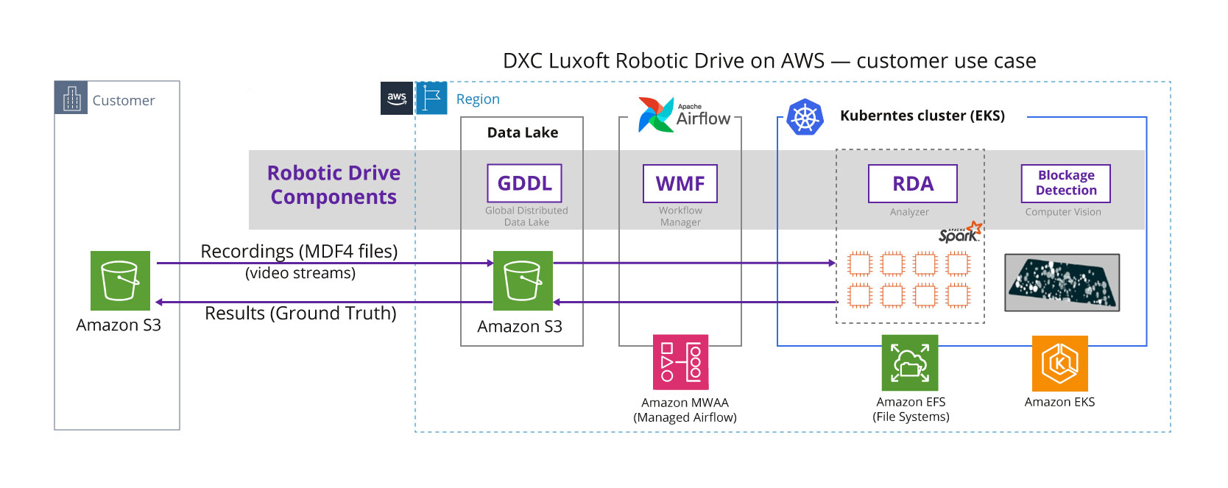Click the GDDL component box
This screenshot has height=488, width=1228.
coord(525,183)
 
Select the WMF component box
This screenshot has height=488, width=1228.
coord(680,183)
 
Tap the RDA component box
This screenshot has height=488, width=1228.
coord(913,183)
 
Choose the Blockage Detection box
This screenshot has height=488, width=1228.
coord(1066,183)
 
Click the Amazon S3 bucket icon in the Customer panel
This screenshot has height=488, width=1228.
coord(120,280)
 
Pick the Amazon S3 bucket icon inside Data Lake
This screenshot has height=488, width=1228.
coord(523,280)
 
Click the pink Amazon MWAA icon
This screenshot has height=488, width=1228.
coord(680,362)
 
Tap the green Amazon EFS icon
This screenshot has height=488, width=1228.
coord(910,362)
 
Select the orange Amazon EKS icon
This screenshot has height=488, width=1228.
coord(1059,363)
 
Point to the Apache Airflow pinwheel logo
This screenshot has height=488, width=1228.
coord(656,115)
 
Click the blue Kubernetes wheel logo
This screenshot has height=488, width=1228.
coord(805,117)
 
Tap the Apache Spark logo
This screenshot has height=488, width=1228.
coord(960,233)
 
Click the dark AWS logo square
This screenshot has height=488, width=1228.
coord(396,98)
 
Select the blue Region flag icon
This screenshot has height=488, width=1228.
coord(431,98)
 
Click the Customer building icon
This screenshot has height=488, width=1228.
coord(71,98)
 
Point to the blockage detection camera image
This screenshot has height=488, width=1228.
coord(1062,283)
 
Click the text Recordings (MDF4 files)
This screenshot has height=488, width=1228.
coord(300,251)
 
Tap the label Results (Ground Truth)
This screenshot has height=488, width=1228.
coord(300,313)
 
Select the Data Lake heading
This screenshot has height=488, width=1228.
coord(523,132)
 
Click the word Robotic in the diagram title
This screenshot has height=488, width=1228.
coord(652,60)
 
